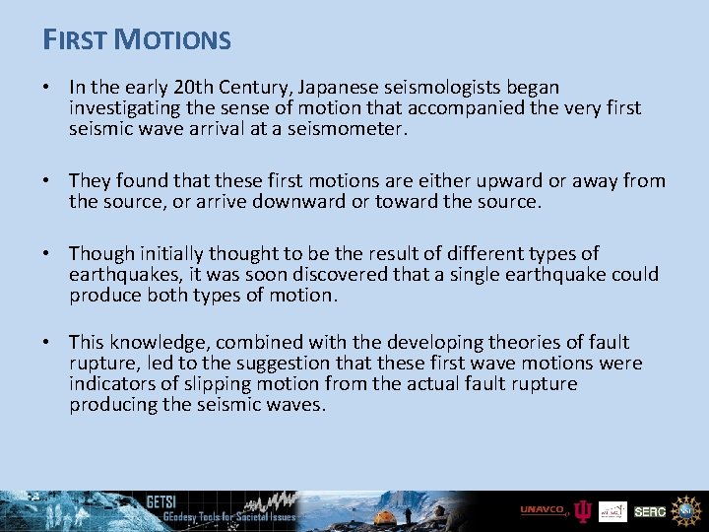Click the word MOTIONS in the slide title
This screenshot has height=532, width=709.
(x=172, y=40)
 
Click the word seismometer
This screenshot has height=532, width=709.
(x=350, y=129)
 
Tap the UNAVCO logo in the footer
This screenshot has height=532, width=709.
(x=544, y=510)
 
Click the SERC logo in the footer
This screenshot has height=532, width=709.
(x=649, y=511)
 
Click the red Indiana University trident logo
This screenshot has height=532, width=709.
(x=583, y=511)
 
